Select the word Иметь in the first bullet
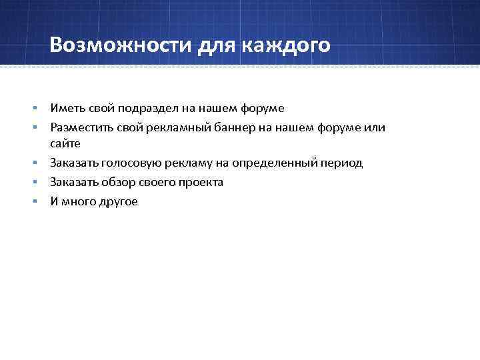pos(66,107)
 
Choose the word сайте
pos(65,143)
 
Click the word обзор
pos(121,182)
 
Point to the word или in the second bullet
pos(376,127)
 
